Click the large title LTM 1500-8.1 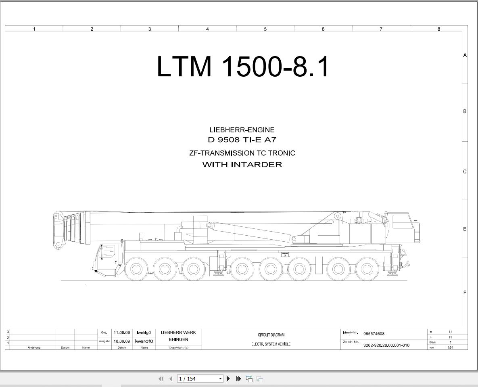pos(243,67)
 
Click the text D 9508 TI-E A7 pos(242,140)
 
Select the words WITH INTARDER pos(242,165)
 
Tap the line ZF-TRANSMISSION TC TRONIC pos(242,153)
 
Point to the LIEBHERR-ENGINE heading pos(242,130)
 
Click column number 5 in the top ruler pos(265,29)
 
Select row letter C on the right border pos(465,172)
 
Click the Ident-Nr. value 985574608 pos(374,334)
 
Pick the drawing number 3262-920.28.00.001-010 pos(386,345)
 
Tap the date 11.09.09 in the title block pos(122,333)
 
